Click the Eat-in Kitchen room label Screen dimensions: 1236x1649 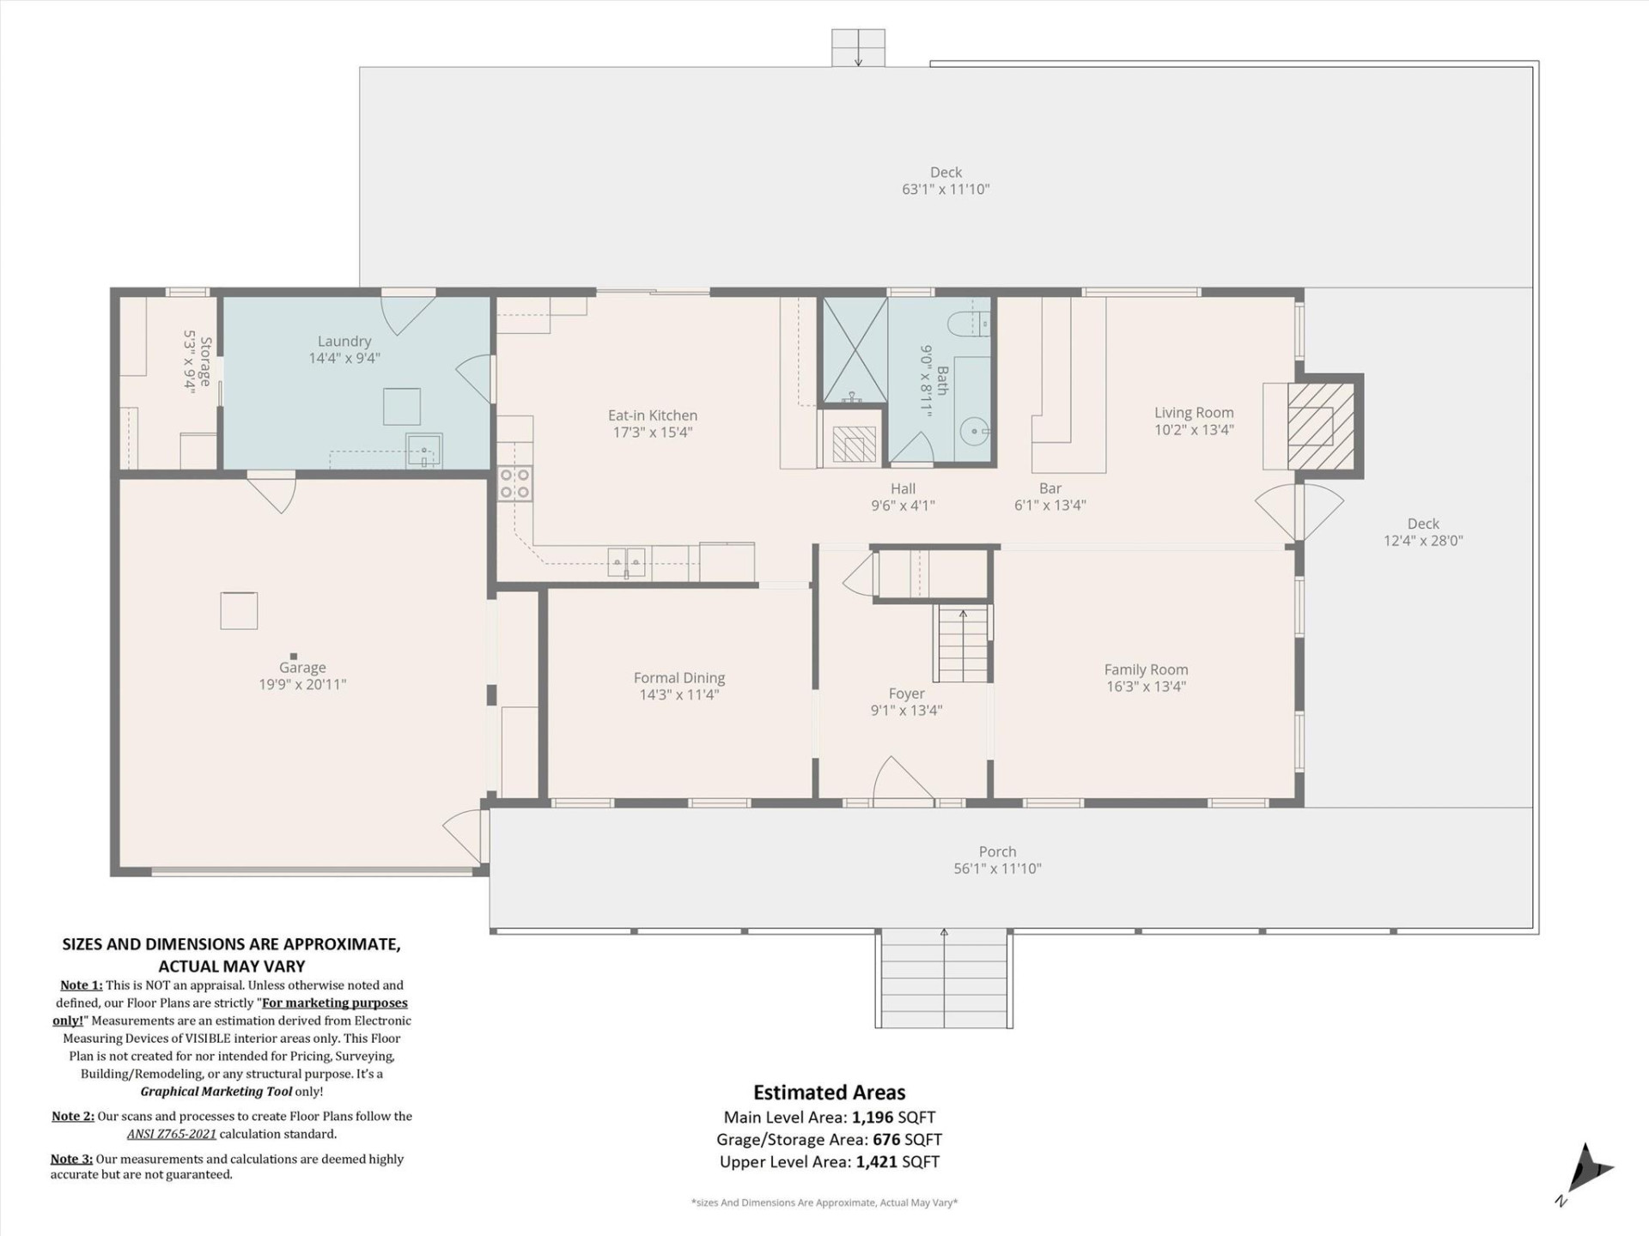pyautogui.click(x=653, y=415)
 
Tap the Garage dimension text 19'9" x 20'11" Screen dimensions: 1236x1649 pyautogui.click(x=302, y=685)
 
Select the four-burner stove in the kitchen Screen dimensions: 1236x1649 pyautogui.click(x=515, y=483)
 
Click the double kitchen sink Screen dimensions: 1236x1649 pyautogui.click(x=627, y=561)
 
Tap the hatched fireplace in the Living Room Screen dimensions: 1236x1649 pyautogui.click(x=1321, y=426)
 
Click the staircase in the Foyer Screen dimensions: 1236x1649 pyautogui.click(x=963, y=644)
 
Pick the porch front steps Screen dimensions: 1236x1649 pyautogui.click(x=943, y=978)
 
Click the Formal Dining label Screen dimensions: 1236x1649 pyautogui.click(x=679, y=678)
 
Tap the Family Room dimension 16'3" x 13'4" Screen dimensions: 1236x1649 pyautogui.click(x=1146, y=687)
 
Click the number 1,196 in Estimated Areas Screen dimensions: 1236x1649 pyautogui.click(x=873, y=1118)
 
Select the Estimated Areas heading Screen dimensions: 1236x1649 pyautogui.click(x=829, y=1093)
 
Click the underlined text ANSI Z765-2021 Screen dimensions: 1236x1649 pyautogui.click(x=172, y=1134)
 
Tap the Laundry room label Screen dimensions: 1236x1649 pyautogui.click(x=344, y=342)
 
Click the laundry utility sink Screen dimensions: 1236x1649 pyautogui.click(x=423, y=449)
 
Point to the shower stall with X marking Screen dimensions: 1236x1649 pyautogui.click(x=855, y=350)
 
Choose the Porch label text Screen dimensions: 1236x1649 pyautogui.click(x=997, y=851)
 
